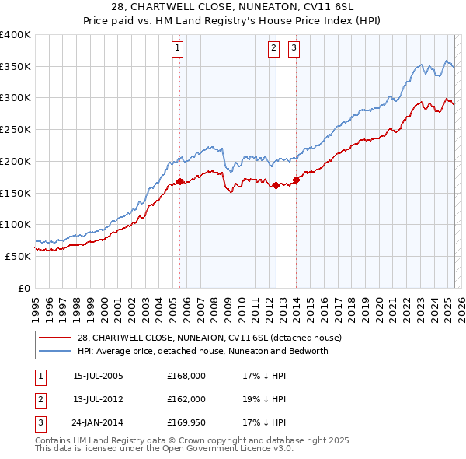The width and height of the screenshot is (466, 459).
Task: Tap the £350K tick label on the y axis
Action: pyautogui.click(x=16, y=67)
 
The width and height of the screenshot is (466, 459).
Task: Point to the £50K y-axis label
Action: pyautogui.click(x=19, y=255)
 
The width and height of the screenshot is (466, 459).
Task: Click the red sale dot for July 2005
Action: pyautogui.click(x=179, y=181)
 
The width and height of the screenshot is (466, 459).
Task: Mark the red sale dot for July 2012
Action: pyautogui.click(x=276, y=185)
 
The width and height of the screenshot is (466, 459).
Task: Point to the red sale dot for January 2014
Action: pyautogui.click(x=297, y=180)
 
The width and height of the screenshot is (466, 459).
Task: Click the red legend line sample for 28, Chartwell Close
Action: pyautogui.click(x=56, y=338)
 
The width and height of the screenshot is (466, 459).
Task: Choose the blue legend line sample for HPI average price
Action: pyautogui.click(x=56, y=351)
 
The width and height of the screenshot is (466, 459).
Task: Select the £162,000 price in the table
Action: pyautogui.click(x=186, y=399)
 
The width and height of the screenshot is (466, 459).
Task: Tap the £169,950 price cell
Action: pyautogui.click(x=186, y=422)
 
